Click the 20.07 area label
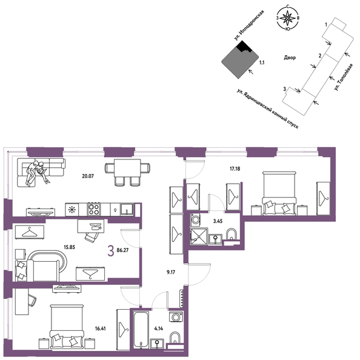click(88, 176)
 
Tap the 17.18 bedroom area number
click(235, 168)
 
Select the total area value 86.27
click(122, 250)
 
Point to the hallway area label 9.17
click(171, 273)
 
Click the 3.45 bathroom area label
click(218, 222)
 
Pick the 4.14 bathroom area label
click(159, 328)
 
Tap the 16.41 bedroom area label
click(101, 328)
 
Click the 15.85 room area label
click(69, 247)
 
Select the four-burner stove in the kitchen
click(94, 209)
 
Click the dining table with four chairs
click(128, 172)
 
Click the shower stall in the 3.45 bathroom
click(199, 237)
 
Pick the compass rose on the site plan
click(288, 18)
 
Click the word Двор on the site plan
click(290, 58)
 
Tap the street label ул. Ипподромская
click(248, 25)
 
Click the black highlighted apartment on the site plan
click(243, 47)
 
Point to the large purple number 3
click(111, 250)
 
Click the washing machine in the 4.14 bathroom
click(176, 317)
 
